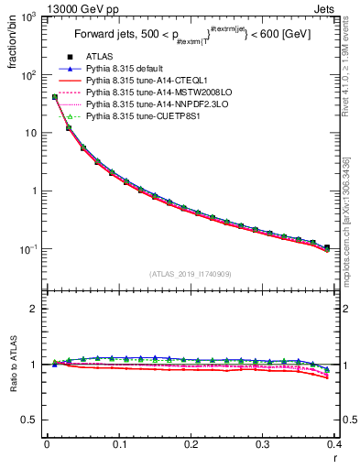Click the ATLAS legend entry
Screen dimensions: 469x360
point(99,58)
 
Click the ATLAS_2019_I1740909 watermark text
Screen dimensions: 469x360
point(191,274)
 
